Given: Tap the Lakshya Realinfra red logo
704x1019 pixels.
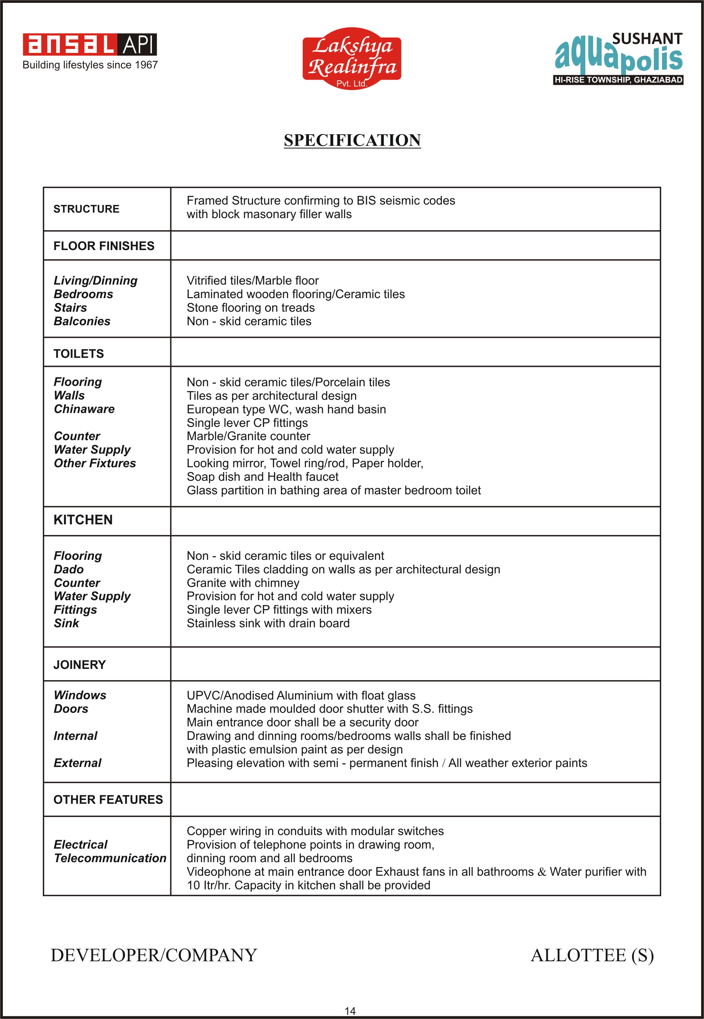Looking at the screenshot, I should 352,58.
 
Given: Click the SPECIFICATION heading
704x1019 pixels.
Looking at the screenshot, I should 352,140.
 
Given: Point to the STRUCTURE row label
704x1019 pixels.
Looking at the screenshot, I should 86,209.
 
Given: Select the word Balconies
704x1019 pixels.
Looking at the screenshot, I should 82,321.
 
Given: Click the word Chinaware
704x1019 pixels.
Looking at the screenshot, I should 84,409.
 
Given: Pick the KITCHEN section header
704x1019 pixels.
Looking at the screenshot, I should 83,520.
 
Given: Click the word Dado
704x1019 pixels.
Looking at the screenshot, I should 69,569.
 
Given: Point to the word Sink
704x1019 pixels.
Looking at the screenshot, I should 66,623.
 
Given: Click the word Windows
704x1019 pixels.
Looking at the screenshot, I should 80,695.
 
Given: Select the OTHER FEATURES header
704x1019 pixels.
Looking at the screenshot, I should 108,799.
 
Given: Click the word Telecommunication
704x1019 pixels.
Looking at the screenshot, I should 110,858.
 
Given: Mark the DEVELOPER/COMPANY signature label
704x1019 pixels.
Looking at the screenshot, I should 154,955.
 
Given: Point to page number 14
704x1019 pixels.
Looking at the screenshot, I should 350,1011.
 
